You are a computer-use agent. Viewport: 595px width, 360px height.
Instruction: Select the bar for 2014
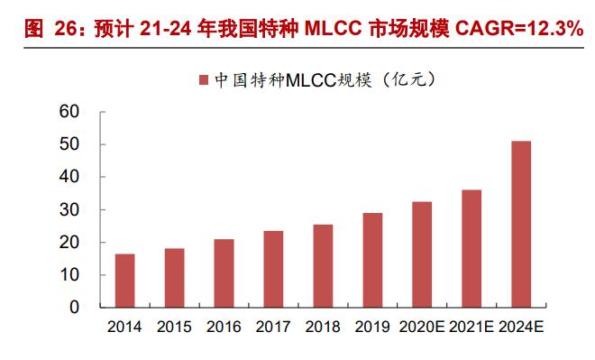click(125, 281)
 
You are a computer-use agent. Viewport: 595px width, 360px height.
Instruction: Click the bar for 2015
click(175, 278)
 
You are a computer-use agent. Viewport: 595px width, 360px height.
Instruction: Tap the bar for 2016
click(224, 273)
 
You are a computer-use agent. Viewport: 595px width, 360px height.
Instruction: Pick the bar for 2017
click(274, 269)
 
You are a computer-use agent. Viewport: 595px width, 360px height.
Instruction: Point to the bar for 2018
click(323, 266)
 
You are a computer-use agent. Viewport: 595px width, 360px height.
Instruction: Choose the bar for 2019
click(372, 260)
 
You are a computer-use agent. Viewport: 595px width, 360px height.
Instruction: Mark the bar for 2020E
click(422, 254)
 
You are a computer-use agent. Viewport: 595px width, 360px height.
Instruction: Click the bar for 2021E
click(471, 248)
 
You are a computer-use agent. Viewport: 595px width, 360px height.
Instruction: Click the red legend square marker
click(202, 80)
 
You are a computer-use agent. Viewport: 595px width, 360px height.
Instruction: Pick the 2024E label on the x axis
click(521, 327)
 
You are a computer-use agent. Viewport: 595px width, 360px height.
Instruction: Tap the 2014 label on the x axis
click(125, 327)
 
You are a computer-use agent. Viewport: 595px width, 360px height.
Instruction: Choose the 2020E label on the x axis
click(422, 327)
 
